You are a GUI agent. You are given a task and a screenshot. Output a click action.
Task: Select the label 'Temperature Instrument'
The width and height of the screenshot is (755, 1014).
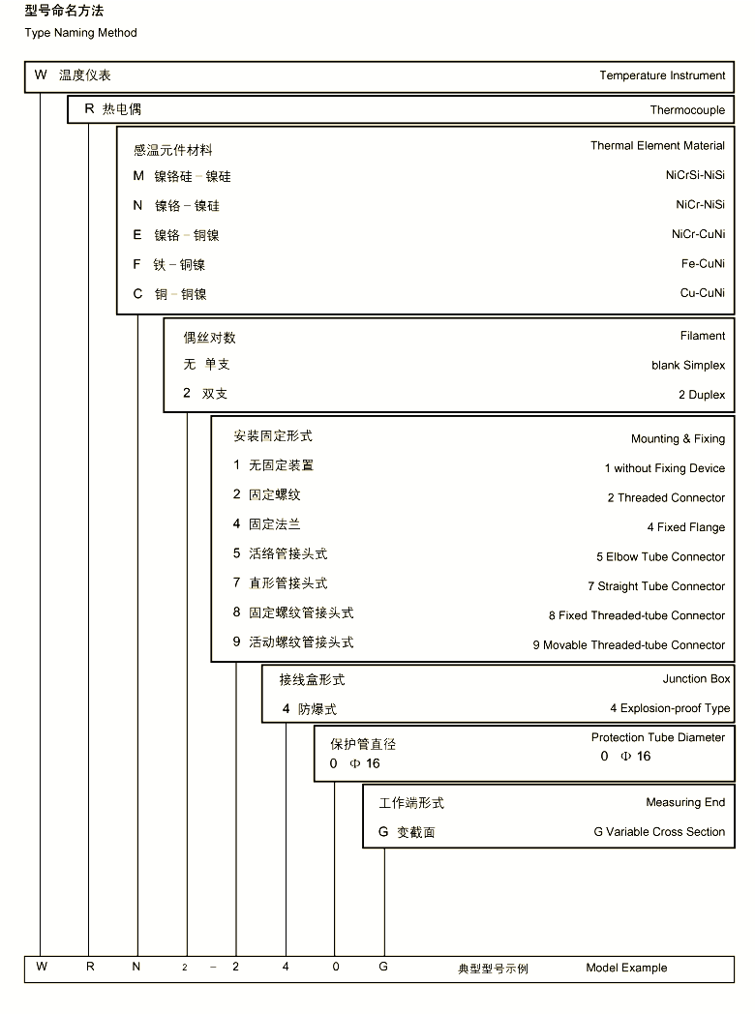click(x=661, y=75)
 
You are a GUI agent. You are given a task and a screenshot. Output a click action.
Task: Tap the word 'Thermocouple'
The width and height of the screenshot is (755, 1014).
click(x=687, y=110)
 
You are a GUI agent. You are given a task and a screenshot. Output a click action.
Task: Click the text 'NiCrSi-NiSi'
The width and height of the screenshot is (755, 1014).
click(x=695, y=175)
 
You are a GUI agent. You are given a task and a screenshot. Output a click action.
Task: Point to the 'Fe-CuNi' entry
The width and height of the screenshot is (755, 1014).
click(x=703, y=263)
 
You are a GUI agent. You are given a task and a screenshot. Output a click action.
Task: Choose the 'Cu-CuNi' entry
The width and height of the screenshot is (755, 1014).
click(x=703, y=293)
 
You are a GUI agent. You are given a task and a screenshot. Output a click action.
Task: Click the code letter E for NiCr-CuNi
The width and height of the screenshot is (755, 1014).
click(x=137, y=235)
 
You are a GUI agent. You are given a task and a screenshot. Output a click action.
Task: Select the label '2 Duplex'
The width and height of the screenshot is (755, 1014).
click(x=701, y=395)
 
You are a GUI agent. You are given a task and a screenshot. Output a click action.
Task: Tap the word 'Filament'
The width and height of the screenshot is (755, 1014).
click(x=702, y=336)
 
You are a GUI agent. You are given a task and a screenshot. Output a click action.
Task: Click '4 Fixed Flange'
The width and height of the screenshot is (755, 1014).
click(x=685, y=527)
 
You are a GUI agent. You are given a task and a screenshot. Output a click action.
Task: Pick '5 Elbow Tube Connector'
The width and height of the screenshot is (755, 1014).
click(x=660, y=557)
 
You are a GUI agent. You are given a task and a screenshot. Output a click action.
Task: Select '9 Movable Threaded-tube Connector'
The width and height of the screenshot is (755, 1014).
click(x=628, y=645)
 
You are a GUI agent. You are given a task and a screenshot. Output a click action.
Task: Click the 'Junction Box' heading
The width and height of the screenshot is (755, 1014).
click(x=696, y=679)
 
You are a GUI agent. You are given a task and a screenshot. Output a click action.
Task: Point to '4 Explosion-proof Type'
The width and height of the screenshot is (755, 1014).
click(x=670, y=708)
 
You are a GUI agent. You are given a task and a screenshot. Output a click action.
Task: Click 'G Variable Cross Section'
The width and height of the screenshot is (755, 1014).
click(x=659, y=832)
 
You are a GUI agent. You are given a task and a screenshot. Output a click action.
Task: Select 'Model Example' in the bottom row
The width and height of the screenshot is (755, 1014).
click(x=625, y=968)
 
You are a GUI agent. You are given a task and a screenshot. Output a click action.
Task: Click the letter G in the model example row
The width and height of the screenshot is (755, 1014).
click(x=383, y=967)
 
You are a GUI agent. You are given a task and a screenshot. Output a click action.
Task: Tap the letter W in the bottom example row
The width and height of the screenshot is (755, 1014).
click(x=41, y=967)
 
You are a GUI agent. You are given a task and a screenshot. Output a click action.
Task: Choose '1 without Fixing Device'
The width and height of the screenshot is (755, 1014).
click(x=664, y=468)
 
